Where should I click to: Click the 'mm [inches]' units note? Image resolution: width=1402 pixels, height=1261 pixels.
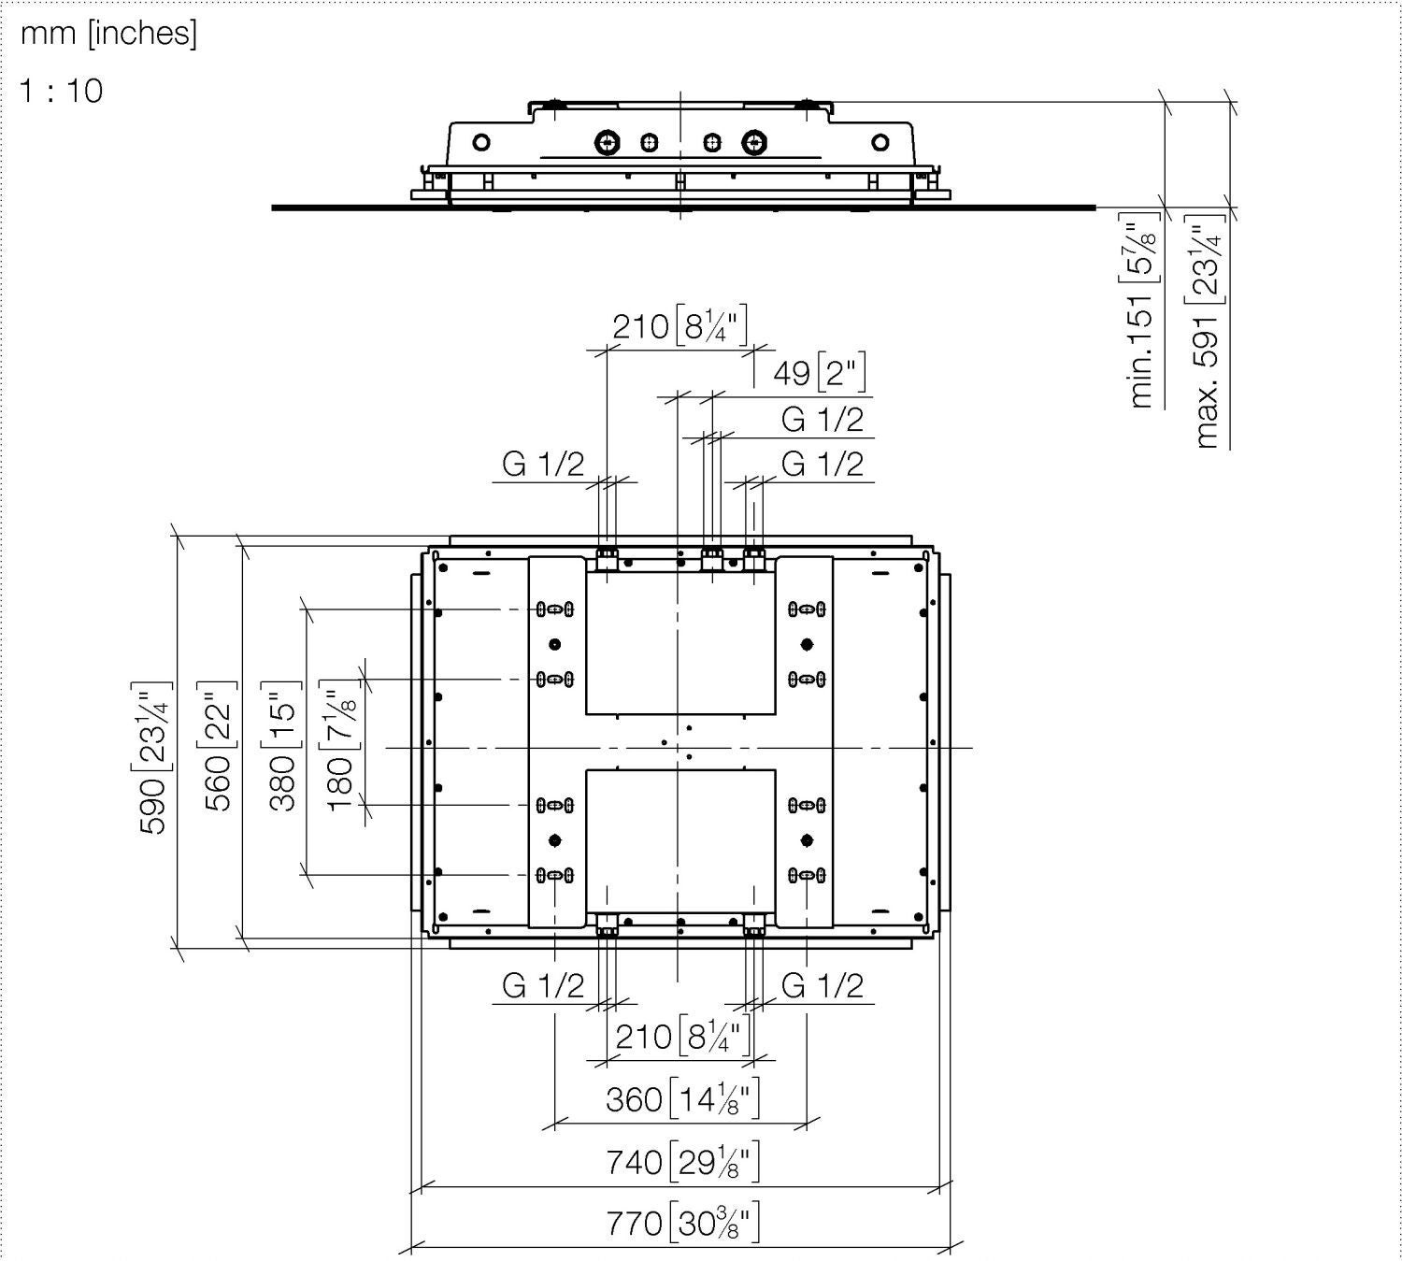pyautogui.click(x=108, y=34)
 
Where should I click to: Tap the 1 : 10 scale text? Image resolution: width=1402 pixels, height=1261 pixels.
pyautogui.click(x=62, y=91)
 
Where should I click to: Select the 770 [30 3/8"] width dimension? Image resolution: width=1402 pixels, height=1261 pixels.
pyautogui.click(x=682, y=1222)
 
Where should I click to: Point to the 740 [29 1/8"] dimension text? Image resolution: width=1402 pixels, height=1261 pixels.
pyautogui.click(x=682, y=1162)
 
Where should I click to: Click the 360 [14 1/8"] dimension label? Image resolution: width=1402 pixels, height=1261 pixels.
pyautogui.click(x=682, y=1099)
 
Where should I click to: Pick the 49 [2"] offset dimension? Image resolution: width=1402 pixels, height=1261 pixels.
pyautogui.click(x=819, y=373)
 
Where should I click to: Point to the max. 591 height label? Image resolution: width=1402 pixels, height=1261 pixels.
pyautogui.click(x=1209, y=332)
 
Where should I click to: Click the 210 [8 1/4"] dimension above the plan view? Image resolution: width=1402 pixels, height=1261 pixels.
pyautogui.click(x=680, y=326)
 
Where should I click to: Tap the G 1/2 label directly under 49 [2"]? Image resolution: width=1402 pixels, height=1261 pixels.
pyautogui.click(x=822, y=420)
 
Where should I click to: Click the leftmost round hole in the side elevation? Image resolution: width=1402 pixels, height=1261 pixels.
pyautogui.click(x=481, y=143)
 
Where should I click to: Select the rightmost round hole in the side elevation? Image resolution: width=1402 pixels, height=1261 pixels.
pyautogui.click(x=880, y=143)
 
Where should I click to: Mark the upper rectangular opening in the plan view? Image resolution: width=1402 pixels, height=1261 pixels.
pyautogui.click(x=680, y=643)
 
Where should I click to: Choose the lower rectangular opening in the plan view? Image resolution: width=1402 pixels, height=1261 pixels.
pyautogui.click(x=680, y=838)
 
